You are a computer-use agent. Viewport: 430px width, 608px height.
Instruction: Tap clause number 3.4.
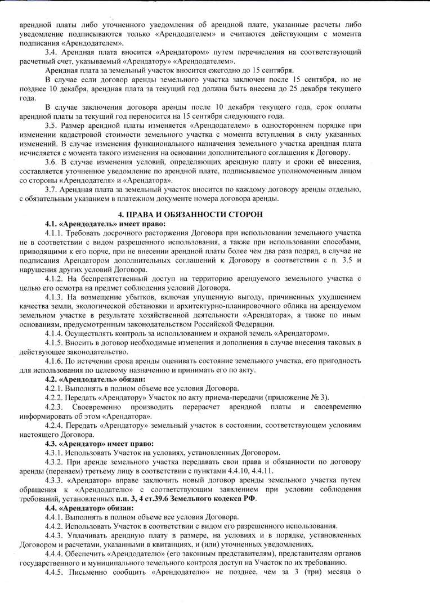[51, 51]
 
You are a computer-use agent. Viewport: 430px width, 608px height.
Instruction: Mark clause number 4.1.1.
[55, 233]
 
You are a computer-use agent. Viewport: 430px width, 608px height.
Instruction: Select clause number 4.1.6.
[55, 361]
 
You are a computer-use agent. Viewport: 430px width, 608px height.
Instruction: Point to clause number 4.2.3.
[55, 406]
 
